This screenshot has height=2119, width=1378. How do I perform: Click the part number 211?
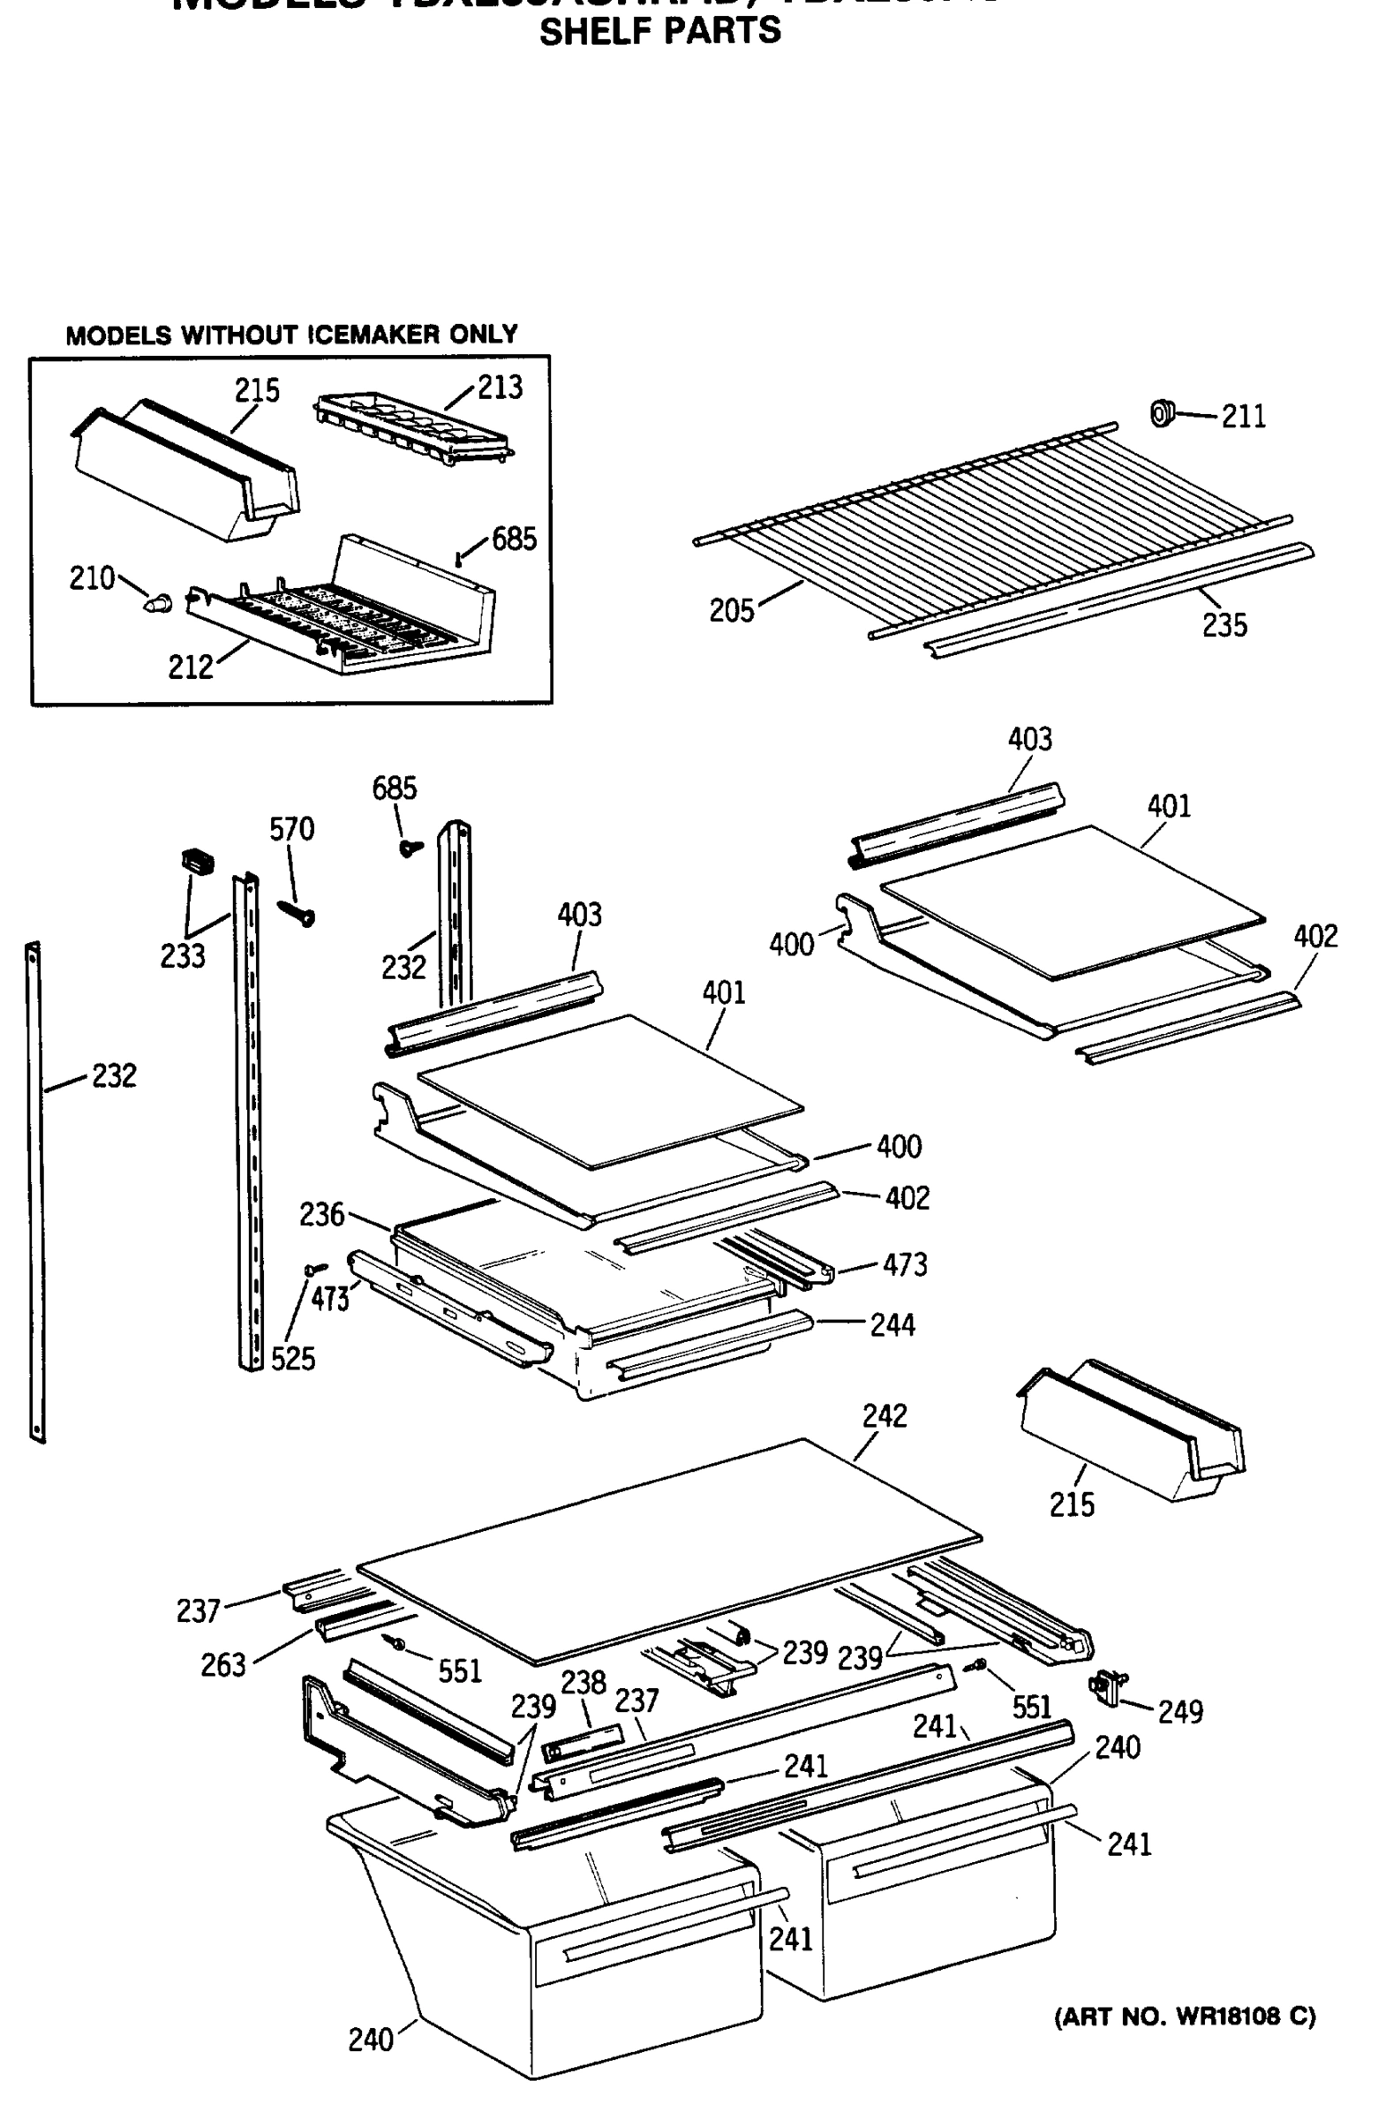point(1243,416)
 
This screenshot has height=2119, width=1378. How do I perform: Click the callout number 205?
point(731,611)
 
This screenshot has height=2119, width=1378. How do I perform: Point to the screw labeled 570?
point(297,913)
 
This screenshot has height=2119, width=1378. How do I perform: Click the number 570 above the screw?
point(292,830)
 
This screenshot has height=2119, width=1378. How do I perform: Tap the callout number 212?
point(191,667)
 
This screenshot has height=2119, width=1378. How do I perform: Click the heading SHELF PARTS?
point(659,31)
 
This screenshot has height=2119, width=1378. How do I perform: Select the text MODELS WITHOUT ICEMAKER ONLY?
point(291,335)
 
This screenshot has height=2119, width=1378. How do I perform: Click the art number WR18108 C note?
point(1184,2017)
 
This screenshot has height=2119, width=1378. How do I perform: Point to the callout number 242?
point(885,1415)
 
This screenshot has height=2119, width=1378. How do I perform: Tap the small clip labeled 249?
point(1107,1686)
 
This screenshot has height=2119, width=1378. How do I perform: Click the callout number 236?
point(321,1214)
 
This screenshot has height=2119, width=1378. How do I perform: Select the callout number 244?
point(892,1325)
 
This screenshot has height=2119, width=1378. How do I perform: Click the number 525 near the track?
point(293,1359)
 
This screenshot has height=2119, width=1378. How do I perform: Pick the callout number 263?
point(222,1664)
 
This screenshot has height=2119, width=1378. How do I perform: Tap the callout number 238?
point(584,1682)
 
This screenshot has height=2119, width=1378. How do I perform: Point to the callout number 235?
point(1224,626)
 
